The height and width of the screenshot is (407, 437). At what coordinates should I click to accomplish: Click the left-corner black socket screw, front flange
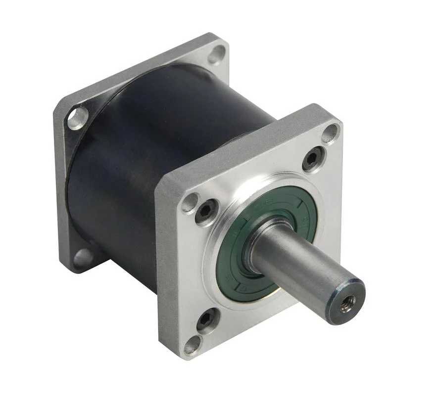206,212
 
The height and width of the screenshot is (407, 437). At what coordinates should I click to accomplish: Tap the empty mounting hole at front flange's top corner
330,133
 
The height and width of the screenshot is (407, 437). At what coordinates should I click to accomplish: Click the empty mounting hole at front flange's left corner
190,202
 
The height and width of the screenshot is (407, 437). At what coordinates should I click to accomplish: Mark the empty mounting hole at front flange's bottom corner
193,345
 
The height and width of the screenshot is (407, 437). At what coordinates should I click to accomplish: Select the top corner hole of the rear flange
216,53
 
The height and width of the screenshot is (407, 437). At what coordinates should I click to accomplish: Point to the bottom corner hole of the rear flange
83,258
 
